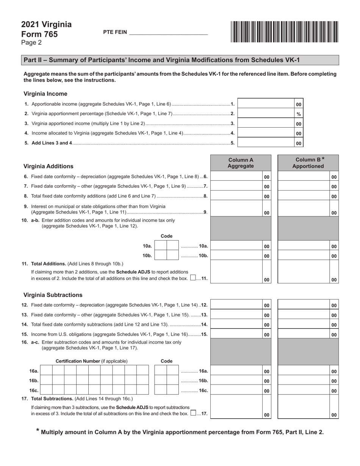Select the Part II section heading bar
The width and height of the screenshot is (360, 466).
click(x=180, y=60)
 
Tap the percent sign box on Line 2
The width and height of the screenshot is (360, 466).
click(x=299, y=114)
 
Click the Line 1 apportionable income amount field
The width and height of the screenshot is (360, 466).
click(x=266, y=104)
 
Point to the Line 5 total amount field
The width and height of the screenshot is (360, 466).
click(x=266, y=143)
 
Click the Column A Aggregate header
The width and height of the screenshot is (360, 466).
click(x=241, y=163)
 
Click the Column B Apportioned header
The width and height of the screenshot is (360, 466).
click(x=308, y=163)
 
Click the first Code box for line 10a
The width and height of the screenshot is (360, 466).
click(x=161, y=246)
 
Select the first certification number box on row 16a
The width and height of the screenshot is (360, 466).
click(x=46, y=371)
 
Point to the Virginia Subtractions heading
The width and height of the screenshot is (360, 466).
click(x=53, y=295)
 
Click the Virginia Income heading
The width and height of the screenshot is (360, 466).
click(x=45, y=94)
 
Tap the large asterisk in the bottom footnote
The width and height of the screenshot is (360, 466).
click(x=38, y=431)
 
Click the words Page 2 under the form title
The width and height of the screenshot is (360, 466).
click(x=31, y=43)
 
